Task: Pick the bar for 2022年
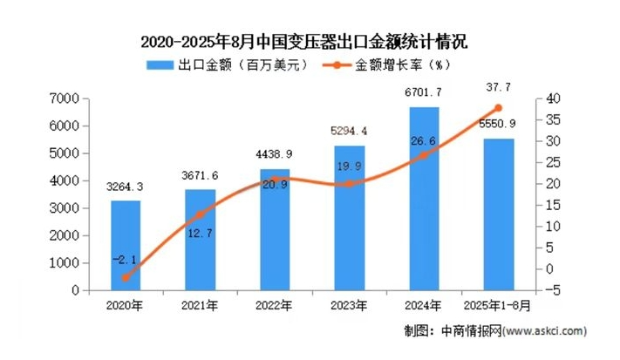click(275, 230)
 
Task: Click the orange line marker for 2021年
click(200, 214)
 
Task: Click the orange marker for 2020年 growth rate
click(125, 278)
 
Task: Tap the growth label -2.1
click(125, 259)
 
